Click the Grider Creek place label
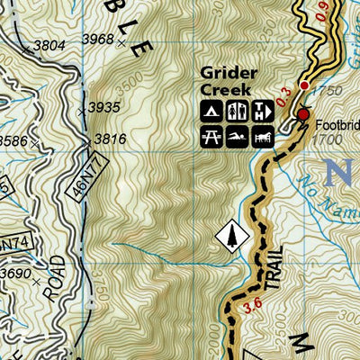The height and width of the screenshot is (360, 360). click(229, 81)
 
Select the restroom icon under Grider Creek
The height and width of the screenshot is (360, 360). click(238, 111)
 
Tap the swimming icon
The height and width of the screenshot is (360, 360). click(236, 136)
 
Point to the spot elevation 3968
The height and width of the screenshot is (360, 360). click(98, 39)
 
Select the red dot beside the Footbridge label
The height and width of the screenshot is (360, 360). click(303, 115)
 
